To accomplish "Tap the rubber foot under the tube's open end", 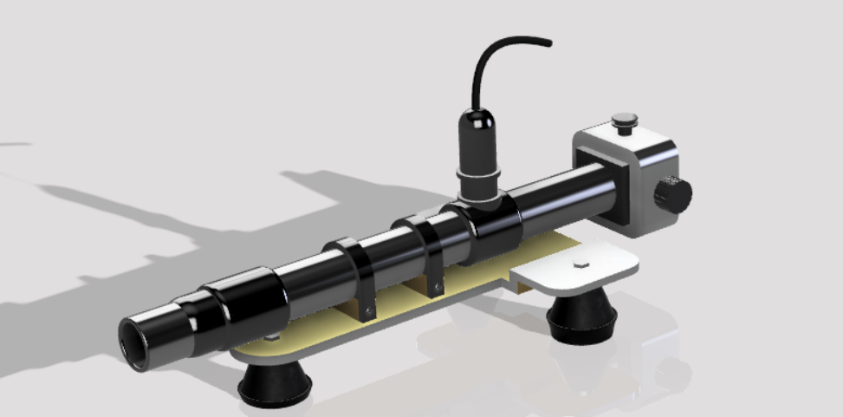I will click(x=276, y=384).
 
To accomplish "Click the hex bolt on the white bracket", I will click(x=579, y=261).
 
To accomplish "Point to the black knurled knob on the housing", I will click(x=673, y=194).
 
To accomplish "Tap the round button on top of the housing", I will click(x=624, y=121).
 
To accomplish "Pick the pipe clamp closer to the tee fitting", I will click(x=426, y=248).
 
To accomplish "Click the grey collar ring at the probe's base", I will click(x=479, y=182).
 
